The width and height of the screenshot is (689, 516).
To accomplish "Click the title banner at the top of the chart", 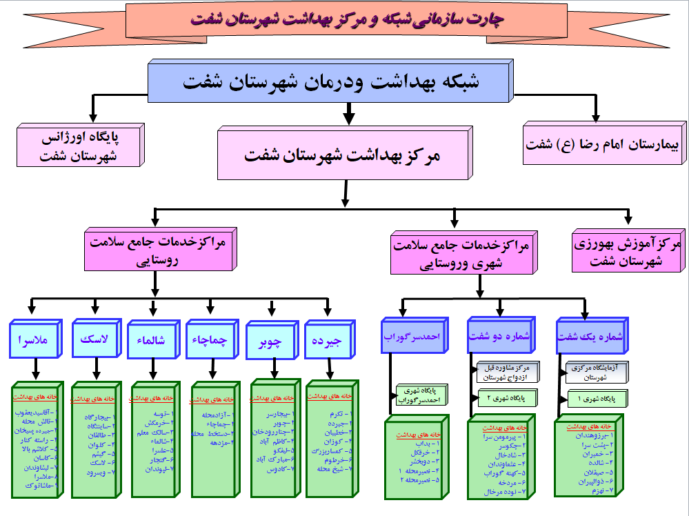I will tap(345, 19).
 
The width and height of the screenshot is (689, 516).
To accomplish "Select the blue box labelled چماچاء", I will tap(210, 340).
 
